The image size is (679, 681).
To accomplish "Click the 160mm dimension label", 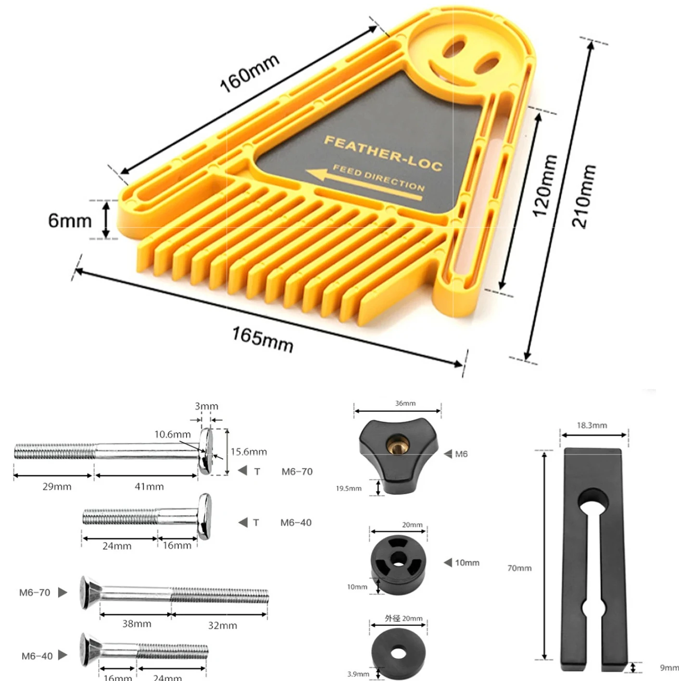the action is tap(249, 74).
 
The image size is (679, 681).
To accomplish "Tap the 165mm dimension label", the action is tap(263, 340).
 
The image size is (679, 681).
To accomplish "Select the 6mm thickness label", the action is tap(70, 221).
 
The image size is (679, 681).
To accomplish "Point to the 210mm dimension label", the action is tap(583, 197).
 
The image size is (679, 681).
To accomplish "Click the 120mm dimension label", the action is tap(545, 186).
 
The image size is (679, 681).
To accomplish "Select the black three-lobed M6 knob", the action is tap(398, 455).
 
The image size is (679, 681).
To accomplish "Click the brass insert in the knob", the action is tap(398, 443).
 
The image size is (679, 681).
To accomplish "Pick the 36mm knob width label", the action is tap(405, 403).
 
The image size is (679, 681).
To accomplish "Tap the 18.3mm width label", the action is tap(592, 425).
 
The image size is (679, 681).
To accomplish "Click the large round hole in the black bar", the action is tap(593, 502).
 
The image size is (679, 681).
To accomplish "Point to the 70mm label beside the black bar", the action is tap(519, 568).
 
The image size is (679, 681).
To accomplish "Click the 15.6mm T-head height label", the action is tap(249, 452).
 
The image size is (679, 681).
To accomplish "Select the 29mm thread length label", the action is tap(57, 487).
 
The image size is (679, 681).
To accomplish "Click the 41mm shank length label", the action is tap(149, 487).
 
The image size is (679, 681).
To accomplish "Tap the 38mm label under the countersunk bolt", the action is tap(137, 624).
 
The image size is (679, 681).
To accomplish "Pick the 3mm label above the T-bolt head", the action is tap(206, 406).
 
